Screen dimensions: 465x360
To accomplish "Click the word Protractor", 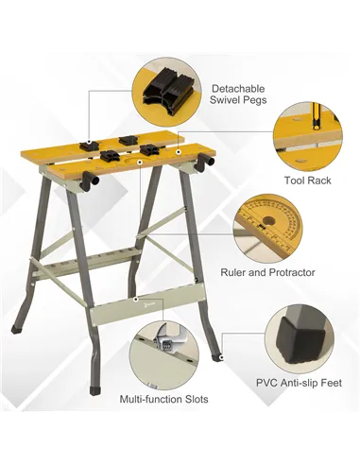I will pos(289,271).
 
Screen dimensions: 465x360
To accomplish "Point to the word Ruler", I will pos(235,271).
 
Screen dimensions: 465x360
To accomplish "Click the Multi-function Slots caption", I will pos(163,399).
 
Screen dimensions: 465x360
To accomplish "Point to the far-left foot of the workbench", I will pos(15,330).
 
